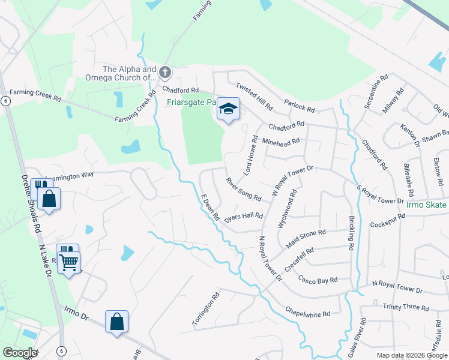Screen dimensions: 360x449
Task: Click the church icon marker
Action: click(x=165, y=73)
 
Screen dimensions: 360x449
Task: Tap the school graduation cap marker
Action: click(x=228, y=109)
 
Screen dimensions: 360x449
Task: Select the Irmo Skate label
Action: click(x=427, y=205)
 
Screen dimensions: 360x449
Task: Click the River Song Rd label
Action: click(x=244, y=188)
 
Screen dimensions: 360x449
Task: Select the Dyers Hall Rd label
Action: click(x=244, y=216)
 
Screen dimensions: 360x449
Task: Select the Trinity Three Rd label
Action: click(x=406, y=307)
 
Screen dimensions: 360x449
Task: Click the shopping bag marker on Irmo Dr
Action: click(x=116, y=322)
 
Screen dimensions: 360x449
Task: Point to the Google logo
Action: click(x=20, y=353)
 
